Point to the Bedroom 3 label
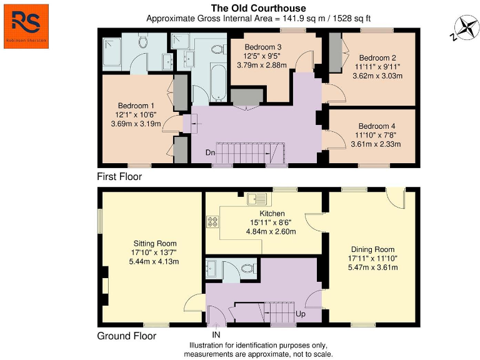(262, 47)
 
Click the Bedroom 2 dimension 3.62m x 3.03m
(377, 76)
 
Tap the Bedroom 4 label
(377, 126)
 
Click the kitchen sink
(257, 200)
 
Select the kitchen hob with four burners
(212, 221)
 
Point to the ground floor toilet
(249, 268)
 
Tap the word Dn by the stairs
(211, 152)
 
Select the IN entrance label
(216, 335)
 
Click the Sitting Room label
(155, 244)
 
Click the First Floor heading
(119, 177)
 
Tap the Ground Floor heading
(126, 336)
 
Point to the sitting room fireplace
(104, 285)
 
